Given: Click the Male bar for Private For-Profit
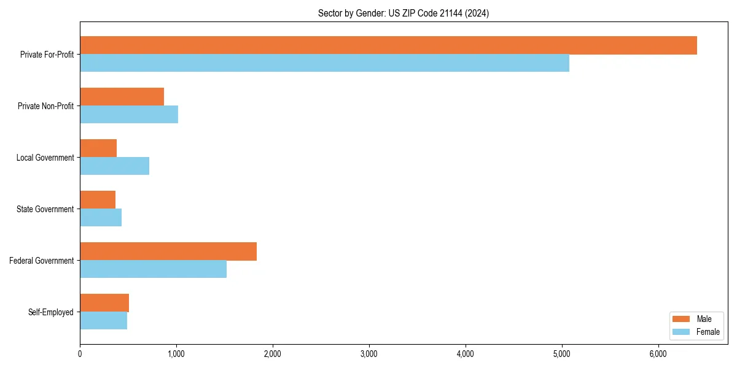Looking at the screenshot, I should click(388, 45).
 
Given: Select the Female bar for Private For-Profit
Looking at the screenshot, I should click(324, 63).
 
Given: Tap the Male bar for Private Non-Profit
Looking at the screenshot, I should click(122, 97).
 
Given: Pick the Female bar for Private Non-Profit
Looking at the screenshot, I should click(129, 115).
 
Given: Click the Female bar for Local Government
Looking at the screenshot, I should click(114, 166).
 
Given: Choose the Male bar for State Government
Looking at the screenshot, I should click(98, 200).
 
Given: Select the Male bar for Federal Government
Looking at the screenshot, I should click(168, 251).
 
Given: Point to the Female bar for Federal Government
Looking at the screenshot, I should click(153, 269).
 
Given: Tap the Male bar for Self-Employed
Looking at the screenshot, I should click(104, 303).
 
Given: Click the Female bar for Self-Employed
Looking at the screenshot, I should click(103, 321).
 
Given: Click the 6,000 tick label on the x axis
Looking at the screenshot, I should click(658, 354).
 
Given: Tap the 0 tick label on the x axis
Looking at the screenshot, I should click(80, 354).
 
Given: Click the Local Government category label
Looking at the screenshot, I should click(45, 158).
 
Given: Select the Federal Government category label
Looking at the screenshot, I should click(41, 261).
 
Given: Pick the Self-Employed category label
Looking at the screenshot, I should click(51, 312).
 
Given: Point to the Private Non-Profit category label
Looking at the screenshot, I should click(45, 106).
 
